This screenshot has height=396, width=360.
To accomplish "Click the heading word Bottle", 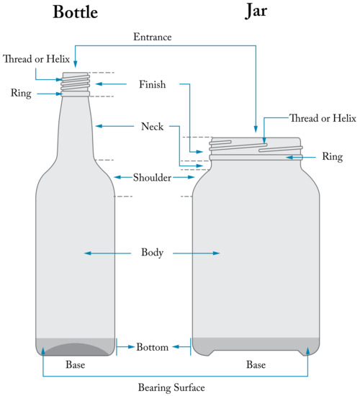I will tap(75, 13).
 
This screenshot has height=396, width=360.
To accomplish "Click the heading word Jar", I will tap(257, 13).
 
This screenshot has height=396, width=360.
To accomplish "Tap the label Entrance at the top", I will tap(152, 36).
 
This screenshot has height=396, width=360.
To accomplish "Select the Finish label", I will tap(152, 85).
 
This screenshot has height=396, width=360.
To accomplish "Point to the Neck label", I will tap(152, 127).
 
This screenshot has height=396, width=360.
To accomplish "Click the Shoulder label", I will tap(153, 177).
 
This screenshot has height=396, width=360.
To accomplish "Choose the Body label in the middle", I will tap(153, 253).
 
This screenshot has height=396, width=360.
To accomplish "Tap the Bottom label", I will tap(153, 347).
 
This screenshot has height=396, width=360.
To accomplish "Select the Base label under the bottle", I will tap(76, 365).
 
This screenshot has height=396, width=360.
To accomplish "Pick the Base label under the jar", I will tap(256, 365).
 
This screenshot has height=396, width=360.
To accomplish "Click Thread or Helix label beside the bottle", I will tap(35, 59).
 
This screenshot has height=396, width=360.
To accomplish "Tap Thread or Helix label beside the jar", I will tap(322, 117).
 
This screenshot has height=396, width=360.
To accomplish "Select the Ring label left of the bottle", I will tap(19, 94).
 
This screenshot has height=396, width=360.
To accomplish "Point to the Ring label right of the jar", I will tap(332, 156).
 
